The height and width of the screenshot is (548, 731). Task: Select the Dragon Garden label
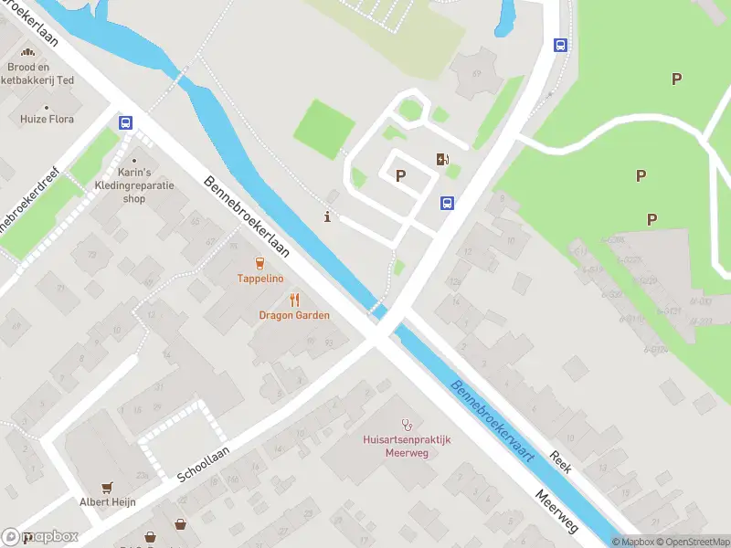tap(294, 315)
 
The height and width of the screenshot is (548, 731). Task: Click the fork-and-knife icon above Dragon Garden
tap(294, 300)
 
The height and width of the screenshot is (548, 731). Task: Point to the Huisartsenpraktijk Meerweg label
tap(407, 446)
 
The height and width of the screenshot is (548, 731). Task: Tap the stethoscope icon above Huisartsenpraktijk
tap(407, 424)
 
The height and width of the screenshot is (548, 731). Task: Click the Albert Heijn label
tap(108, 501)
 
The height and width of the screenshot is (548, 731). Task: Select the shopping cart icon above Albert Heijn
tap(108, 487)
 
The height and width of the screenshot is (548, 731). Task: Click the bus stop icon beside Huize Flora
tap(125, 122)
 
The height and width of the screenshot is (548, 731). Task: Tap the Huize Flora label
tap(48, 119)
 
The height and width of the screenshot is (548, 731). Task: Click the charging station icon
tap(443, 160)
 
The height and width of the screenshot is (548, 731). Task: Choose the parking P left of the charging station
tap(400, 175)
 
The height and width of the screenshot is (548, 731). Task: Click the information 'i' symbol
tap(328, 216)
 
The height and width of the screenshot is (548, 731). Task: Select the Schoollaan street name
tap(203, 463)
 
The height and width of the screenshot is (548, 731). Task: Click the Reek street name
tap(560, 462)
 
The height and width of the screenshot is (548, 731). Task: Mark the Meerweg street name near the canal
tap(557, 511)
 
